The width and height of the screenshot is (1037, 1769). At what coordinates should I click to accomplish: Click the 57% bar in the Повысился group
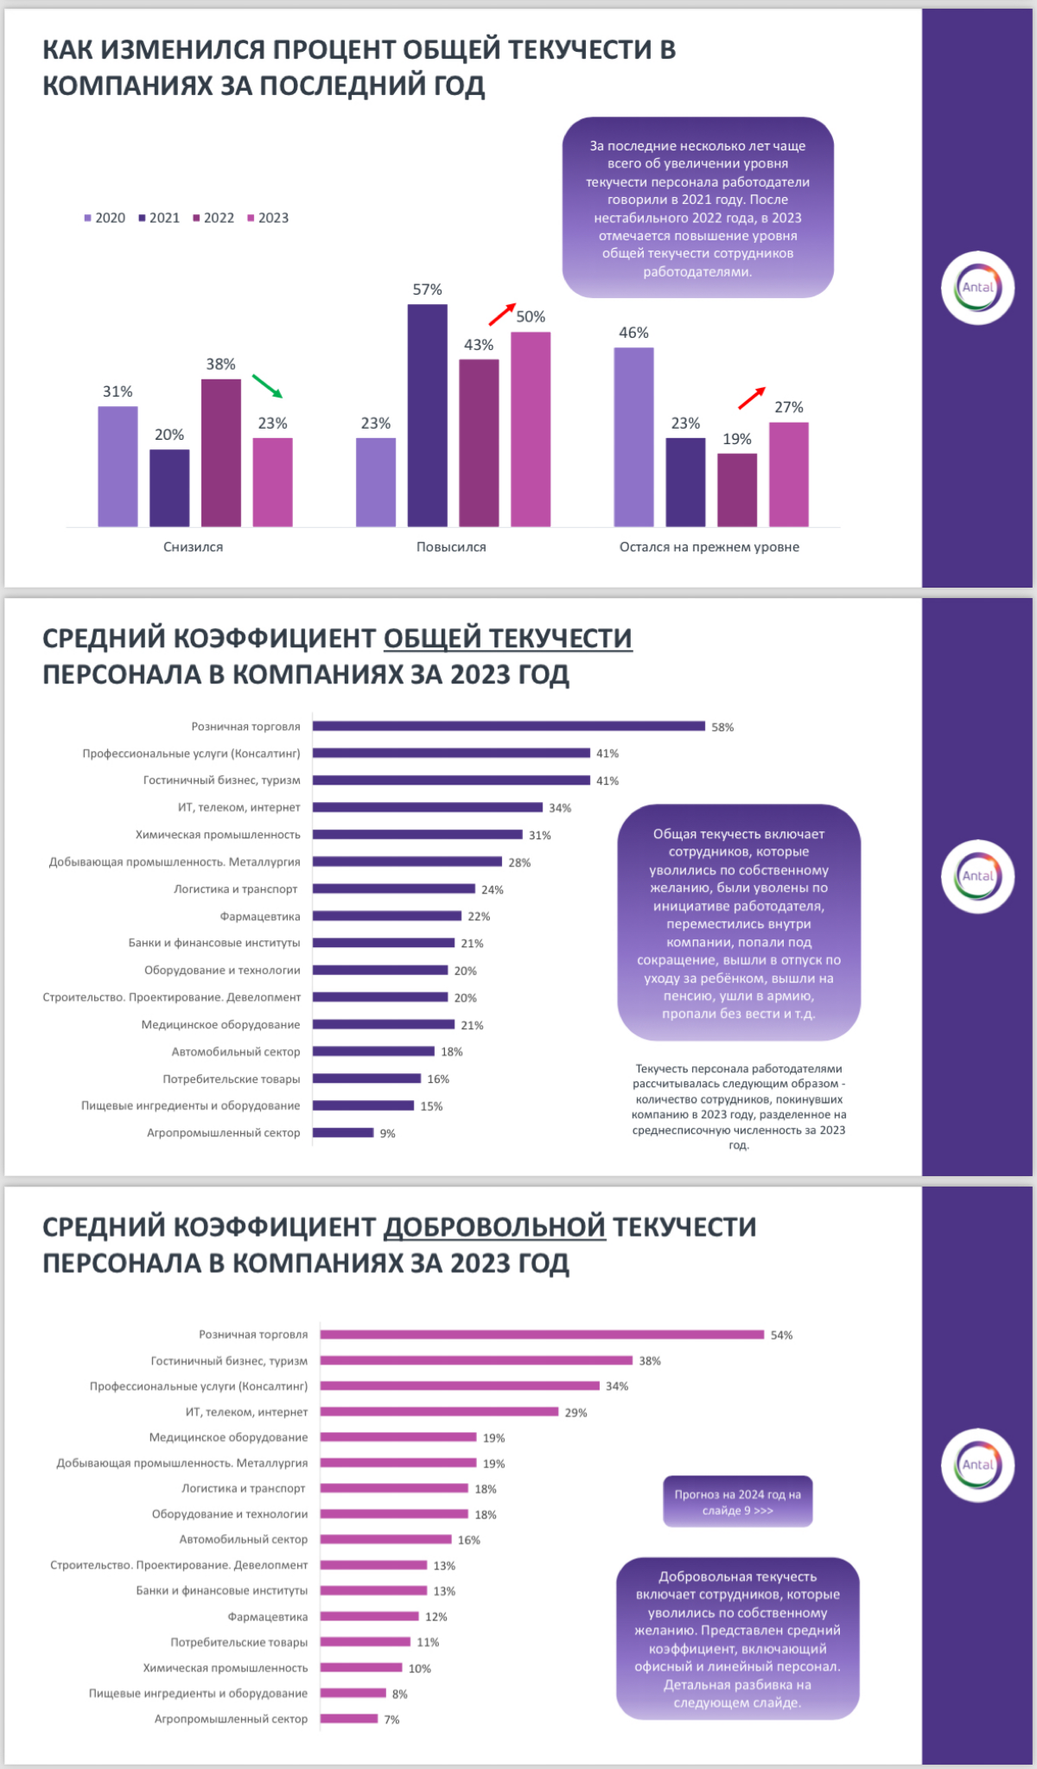[x=427, y=415]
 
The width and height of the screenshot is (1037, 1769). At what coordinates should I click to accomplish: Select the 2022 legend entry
[x=213, y=218]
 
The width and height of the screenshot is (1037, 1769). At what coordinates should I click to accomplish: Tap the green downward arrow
[x=267, y=386]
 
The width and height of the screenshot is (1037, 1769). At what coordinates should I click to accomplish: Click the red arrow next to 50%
[x=502, y=314]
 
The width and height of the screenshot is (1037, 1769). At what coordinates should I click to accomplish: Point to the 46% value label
[x=633, y=333]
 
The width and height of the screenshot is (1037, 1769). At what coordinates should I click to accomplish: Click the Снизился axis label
[x=193, y=547]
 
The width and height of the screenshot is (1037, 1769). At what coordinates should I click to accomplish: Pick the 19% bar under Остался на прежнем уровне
[x=736, y=490]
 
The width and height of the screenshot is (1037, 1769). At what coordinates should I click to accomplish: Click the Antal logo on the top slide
[x=977, y=288]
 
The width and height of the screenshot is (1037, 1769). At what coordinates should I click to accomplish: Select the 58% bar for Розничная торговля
[x=508, y=726]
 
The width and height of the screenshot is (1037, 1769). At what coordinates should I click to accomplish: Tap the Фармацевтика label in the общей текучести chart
[x=260, y=916]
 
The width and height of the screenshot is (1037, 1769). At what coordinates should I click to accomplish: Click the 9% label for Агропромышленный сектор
[x=387, y=1133]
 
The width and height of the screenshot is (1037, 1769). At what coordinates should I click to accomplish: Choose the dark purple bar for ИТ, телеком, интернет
[x=427, y=807]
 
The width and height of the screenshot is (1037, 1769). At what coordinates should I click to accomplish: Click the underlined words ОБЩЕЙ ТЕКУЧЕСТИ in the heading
[x=507, y=638]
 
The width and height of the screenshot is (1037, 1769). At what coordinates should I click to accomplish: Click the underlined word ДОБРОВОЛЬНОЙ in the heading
[x=494, y=1226]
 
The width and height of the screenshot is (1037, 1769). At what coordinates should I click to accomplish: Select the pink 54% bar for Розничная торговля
[x=542, y=1334]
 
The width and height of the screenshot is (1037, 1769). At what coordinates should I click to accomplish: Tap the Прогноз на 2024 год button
[x=737, y=1501]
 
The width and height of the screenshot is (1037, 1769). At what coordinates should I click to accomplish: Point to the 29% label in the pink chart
[x=576, y=1412]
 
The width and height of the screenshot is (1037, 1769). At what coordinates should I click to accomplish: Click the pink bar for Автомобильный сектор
[x=385, y=1539]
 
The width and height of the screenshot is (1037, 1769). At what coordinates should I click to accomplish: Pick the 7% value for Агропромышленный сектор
[x=391, y=1720]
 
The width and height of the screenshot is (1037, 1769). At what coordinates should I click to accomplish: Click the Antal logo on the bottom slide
[x=977, y=1465]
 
